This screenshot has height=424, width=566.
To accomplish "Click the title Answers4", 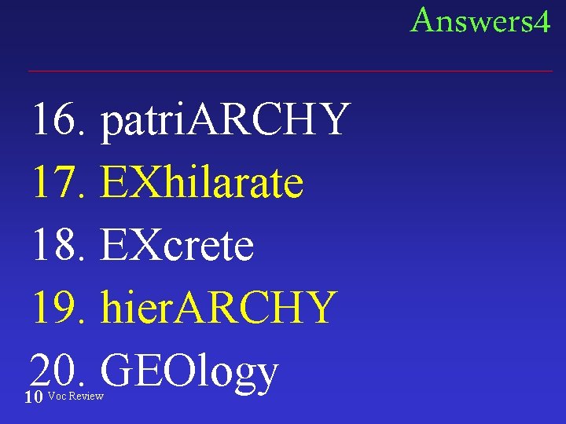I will pyautogui.click(x=480, y=20).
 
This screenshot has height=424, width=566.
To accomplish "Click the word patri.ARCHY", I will pyautogui.click(x=224, y=119).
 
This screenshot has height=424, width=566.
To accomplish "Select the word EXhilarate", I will pyautogui.click(x=202, y=182).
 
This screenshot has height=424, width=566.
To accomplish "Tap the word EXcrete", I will pyautogui.click(x=177, y=245).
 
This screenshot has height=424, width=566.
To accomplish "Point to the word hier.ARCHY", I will pyautogui.click(x=219, y=308).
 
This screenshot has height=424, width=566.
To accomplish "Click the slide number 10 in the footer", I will pyautogui.click(x=33, y=397).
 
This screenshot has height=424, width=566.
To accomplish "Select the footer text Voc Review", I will pyautogui.click(x=75, y=396).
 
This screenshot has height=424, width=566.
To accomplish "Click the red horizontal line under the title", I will pyautogui.click(x=290, y=71).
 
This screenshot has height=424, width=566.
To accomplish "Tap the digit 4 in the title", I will pyautogui.click(x=541, y=21).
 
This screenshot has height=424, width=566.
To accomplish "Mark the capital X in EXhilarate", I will pyautogui.click(x=149, y=182).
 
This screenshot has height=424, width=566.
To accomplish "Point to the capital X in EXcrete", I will pyautogui.click(x=149, y=245).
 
